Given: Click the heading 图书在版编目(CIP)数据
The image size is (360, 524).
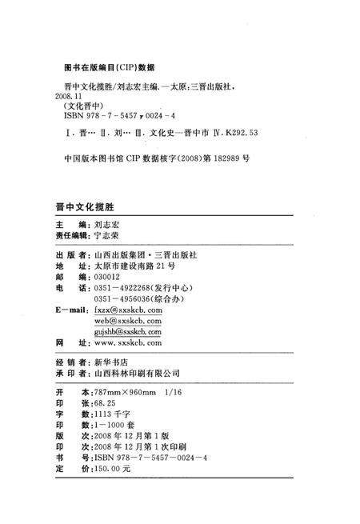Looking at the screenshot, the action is [x=108, y=66].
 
